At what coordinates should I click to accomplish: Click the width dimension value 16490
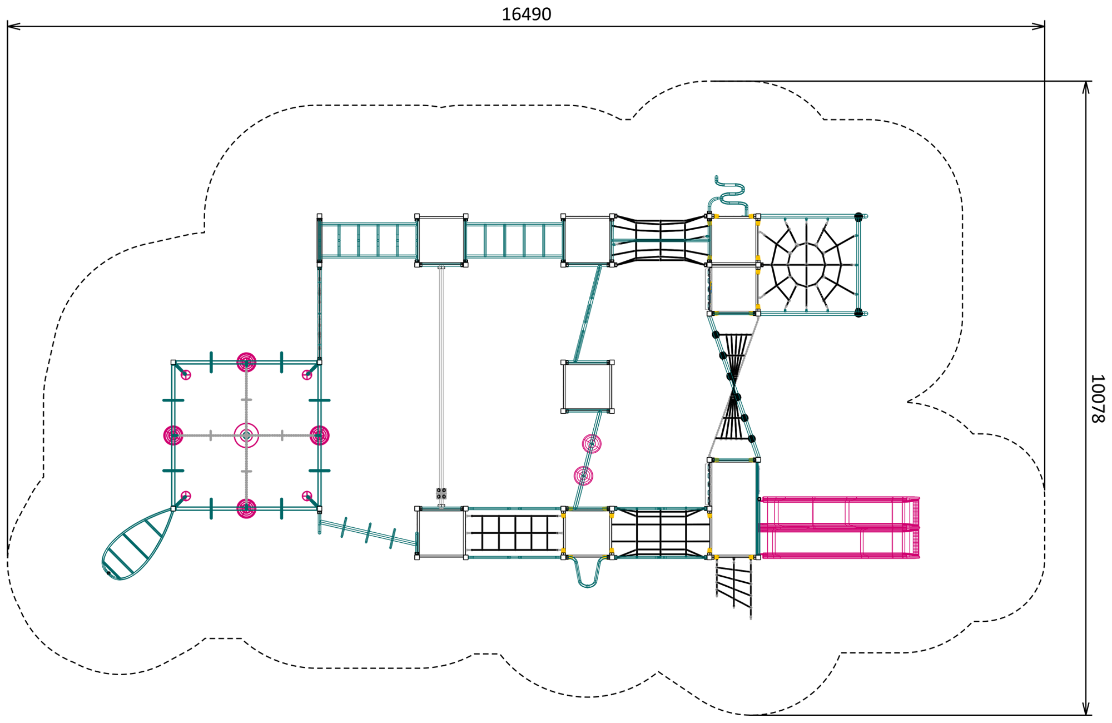526,14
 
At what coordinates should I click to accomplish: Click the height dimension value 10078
1097,398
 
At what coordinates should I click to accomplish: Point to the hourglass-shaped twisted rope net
734,387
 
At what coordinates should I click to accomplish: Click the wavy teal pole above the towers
728,195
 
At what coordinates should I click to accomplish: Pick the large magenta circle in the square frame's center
246,435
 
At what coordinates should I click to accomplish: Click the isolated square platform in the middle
587,387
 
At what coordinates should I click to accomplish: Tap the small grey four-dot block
441,493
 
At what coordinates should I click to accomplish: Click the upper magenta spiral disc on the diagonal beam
592,444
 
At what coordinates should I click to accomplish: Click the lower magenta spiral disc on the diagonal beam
583,476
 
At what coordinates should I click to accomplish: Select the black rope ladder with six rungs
515,533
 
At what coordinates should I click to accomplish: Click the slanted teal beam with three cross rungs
368,533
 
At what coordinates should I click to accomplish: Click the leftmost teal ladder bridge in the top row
368,240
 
